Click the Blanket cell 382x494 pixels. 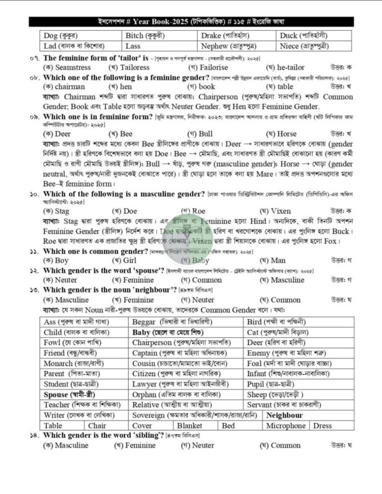coord(189,425)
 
